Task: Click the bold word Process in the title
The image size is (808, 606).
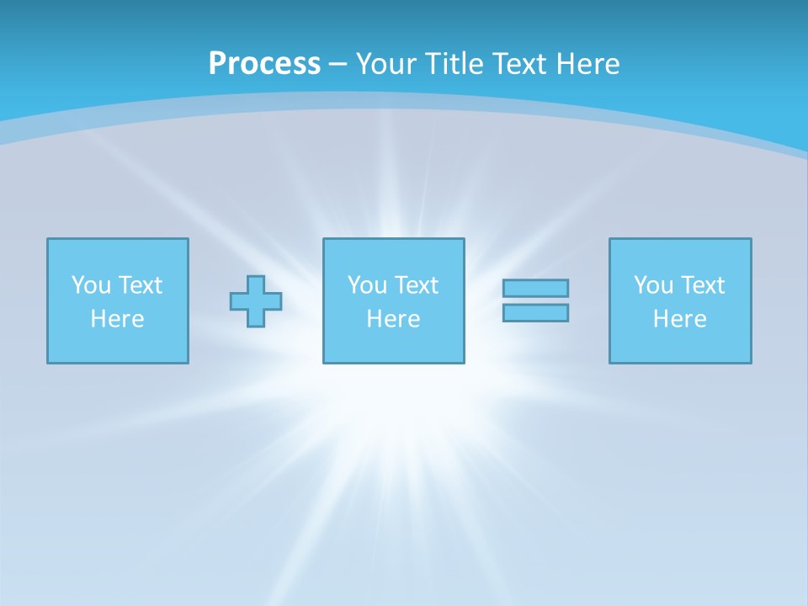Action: coord(264,64)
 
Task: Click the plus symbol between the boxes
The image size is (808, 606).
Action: coord(256,301)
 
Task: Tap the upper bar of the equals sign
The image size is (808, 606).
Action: coord(535,289)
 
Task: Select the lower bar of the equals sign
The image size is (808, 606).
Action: coord(535,313)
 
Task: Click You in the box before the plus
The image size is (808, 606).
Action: coord(89,285)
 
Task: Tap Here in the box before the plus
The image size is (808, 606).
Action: coord(117,319)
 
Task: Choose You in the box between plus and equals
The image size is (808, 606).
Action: coord(366,285)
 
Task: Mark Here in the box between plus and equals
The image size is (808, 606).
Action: coord(393,319)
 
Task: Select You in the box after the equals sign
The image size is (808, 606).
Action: coord(652,285)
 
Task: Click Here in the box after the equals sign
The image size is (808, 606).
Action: coord(679,319)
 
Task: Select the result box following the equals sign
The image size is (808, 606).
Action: coord(680,345)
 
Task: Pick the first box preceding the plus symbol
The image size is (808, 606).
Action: coord(118,345)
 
